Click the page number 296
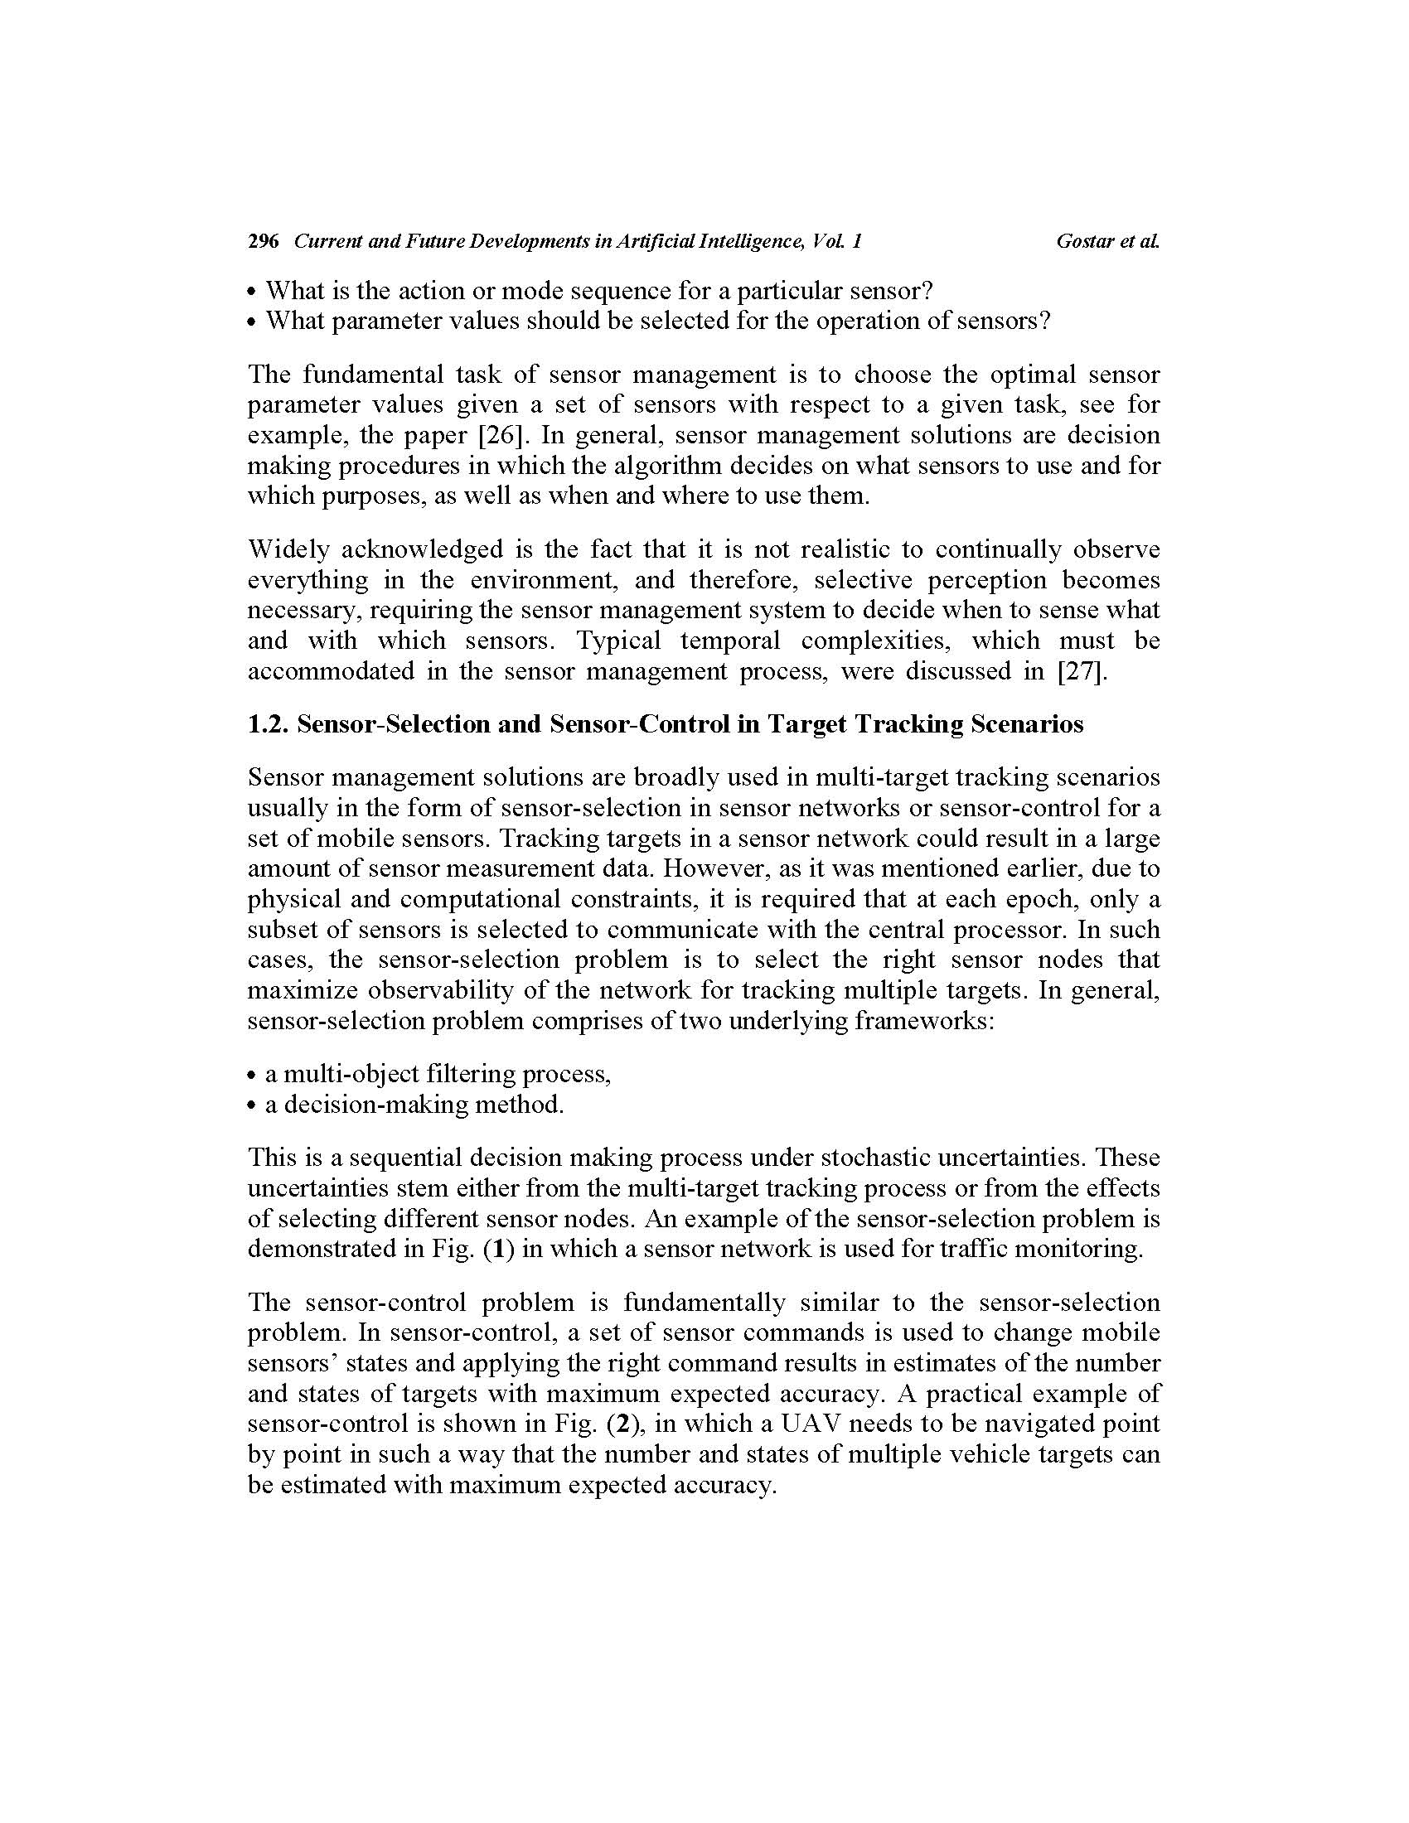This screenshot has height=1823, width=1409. click(263, 241)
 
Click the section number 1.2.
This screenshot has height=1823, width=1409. click(268, 723)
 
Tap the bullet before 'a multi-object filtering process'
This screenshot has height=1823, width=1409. click(253, 1075)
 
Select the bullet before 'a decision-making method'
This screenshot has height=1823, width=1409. click(253, 1106)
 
